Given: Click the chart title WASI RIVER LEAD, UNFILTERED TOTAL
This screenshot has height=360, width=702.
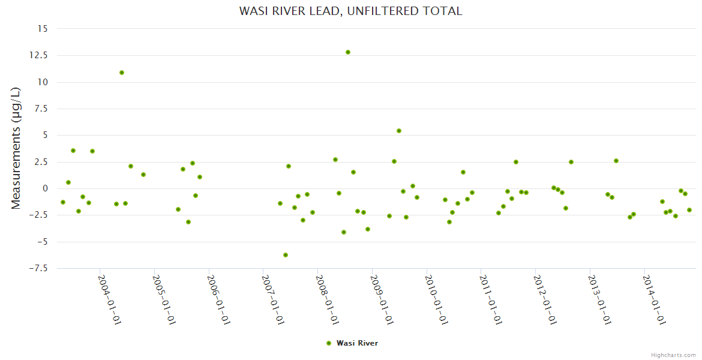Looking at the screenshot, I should (350, 11).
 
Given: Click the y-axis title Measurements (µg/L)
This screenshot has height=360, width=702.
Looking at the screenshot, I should (16, 148).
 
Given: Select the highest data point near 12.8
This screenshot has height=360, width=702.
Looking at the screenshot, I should (348, 52).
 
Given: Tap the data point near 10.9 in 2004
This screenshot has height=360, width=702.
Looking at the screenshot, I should (122, 73).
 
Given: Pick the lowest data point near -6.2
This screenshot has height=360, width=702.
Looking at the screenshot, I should (286, 255).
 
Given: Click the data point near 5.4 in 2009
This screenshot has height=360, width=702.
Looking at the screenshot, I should (399, 131).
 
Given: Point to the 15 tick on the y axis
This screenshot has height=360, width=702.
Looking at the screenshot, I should (42, 28).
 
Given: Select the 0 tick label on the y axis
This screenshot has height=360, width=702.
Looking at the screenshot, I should (44, 188).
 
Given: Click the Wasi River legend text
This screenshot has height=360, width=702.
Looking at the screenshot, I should (358, 343).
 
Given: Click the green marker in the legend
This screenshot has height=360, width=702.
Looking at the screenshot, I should (329, 343).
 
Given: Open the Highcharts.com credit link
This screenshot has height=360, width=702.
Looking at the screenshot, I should (673, 355).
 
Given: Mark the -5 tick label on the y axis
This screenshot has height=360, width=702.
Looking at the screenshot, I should (42, 242).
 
